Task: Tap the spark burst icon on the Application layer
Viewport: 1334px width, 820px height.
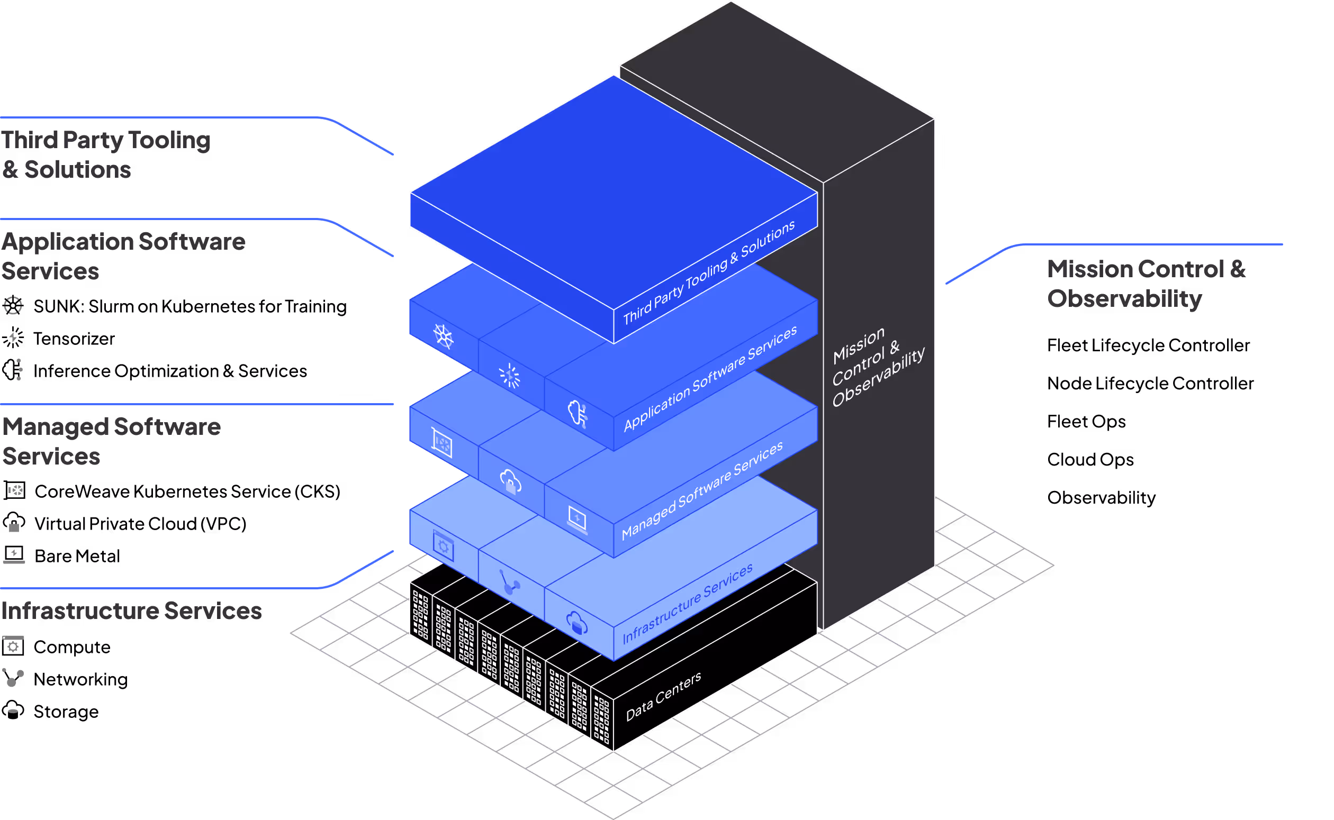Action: (509, 376)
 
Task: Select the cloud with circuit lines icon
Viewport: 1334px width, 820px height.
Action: (577, 414)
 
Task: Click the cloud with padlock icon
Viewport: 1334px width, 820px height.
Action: (510, 481)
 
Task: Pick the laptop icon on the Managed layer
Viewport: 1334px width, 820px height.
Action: (576, 520)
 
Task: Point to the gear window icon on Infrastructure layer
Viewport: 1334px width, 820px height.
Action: (443, 546)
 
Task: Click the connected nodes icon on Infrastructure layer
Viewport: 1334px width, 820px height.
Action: (509, 582)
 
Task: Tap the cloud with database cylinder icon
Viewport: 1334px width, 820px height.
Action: (576, 623)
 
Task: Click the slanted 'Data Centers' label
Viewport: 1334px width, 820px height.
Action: (663, 696)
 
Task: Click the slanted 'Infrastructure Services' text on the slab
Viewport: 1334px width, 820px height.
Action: (687, 603)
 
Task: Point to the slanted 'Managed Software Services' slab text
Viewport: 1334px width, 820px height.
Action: (702, 490)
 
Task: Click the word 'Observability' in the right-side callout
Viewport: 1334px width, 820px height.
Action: (1124, 299)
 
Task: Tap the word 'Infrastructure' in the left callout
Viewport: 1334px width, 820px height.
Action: (79, 611)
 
